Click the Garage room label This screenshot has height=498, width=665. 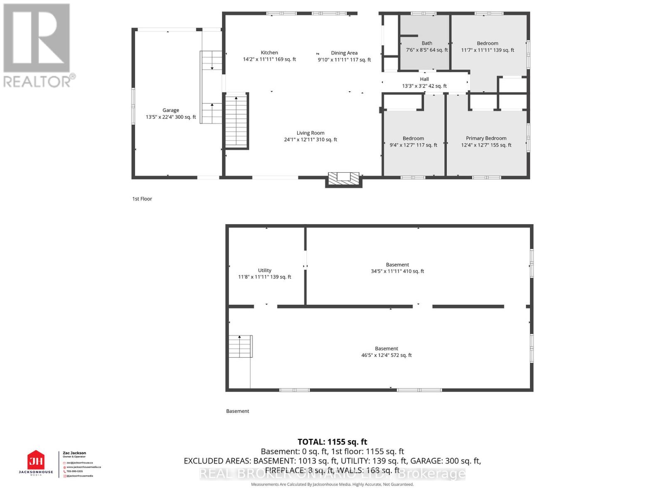[170, 110]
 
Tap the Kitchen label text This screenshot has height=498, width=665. [269, 53]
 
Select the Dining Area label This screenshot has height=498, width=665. [344, 53]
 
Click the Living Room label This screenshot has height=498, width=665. [310, 133]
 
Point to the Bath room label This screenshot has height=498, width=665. [427, 43]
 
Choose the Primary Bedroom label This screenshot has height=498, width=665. [486, 138]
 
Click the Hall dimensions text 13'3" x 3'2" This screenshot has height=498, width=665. [424, 86]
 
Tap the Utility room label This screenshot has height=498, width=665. [264, 270]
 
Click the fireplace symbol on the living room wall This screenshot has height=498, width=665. [343, 178]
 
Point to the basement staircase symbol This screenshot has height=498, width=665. [240, 346]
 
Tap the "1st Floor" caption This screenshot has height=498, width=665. [142, 199]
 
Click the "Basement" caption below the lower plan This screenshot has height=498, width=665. [238, 411]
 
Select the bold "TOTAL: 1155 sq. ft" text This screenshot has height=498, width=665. [332, 442]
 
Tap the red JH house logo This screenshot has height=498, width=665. [36, 460]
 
